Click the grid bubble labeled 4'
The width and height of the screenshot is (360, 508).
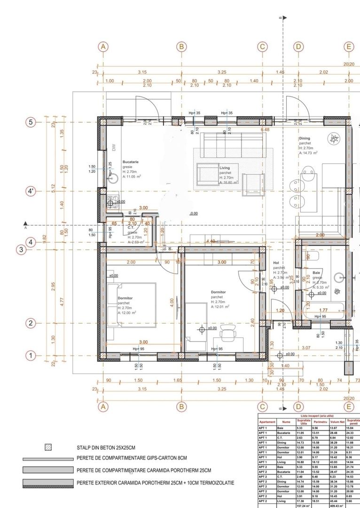31,191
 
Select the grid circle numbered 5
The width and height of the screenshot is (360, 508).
31,122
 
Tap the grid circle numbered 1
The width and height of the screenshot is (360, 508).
31,356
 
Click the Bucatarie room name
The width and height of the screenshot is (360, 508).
131,161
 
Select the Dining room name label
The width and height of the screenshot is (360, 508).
305,138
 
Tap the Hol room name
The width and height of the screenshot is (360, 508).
276,263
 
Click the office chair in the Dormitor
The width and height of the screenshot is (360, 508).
229,335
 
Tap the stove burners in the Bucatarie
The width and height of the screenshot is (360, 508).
112,203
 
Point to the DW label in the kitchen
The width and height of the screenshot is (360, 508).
113,146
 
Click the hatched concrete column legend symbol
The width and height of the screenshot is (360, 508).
47,447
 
